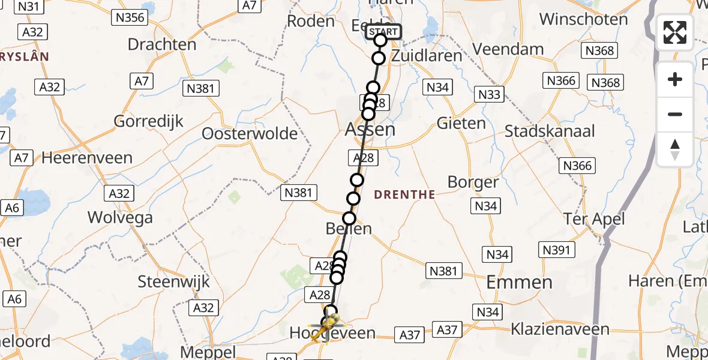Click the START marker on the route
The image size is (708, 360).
[x=383, y=32]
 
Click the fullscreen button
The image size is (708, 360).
[x=675, y=32]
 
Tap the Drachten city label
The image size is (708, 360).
[x=162, y=44]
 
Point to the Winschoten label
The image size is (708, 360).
[x=583, y=19]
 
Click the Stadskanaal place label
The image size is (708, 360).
[x=550, y=131]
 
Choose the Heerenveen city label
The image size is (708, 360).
[x=86, y=158]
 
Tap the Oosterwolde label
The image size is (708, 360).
[x=250, y=133]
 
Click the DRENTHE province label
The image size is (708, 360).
[x=404, y=194]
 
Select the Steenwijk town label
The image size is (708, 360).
[x=166, y=281]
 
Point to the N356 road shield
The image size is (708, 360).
[x=130, y=17]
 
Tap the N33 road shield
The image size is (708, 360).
[x=490, y=94]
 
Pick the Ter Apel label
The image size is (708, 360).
[x=594, y=219]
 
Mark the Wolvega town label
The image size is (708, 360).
[x=120, y=217]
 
